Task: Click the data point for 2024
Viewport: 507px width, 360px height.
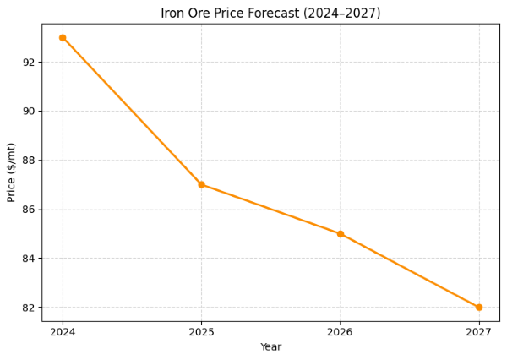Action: point(63,37)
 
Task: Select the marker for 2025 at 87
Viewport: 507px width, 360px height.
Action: point(201,184)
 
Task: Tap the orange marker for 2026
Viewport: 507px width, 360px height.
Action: point(341,233)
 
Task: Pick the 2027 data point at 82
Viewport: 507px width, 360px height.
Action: point(479,308)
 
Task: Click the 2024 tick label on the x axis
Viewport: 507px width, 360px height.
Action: point(63,332)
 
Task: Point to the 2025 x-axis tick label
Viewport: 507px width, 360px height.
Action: point(201,332)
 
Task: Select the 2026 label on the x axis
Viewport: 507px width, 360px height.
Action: point(341,332)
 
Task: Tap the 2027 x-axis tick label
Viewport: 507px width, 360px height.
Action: point(479,332)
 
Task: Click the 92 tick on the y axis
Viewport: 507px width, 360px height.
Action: point(28,63)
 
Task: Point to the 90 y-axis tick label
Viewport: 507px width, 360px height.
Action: point(28,112)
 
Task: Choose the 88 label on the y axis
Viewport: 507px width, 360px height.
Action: point(28,161)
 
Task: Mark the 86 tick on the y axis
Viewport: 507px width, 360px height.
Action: point(28,210)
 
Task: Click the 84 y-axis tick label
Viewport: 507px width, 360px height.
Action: point(28,259)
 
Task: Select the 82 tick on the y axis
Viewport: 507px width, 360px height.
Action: point(28,308)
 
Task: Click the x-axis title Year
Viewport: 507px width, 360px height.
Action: point(270,347)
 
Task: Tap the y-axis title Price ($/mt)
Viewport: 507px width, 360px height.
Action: point(12,172)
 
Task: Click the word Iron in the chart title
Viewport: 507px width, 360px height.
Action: point(172,14)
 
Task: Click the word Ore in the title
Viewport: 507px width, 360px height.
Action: point(200,14)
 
